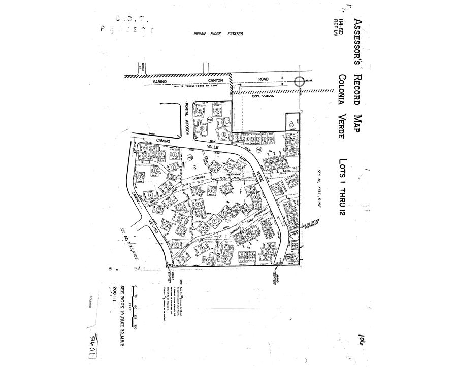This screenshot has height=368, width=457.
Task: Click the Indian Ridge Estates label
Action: [218, 34]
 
